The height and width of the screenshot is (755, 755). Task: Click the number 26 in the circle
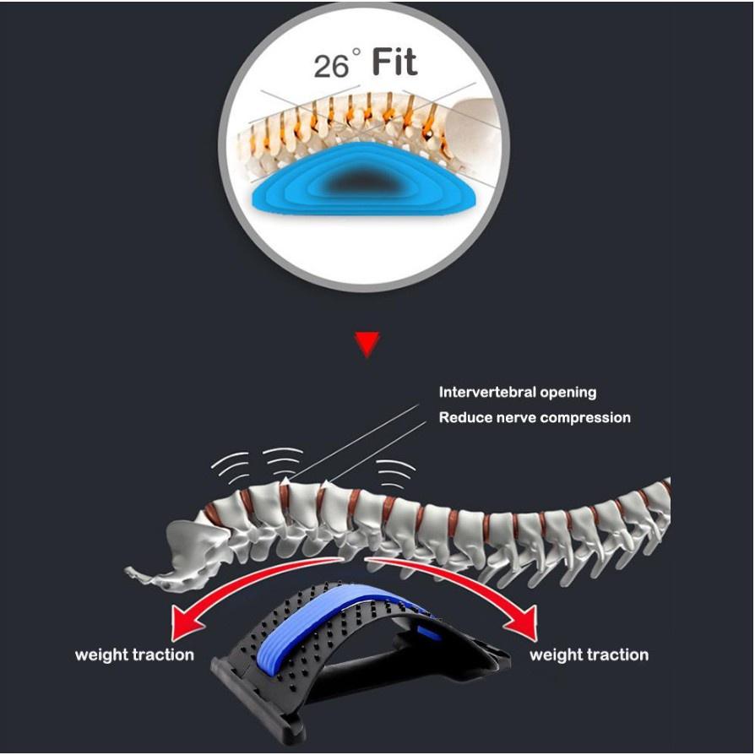pos(330,65)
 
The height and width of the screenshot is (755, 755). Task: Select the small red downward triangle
pos(367,344)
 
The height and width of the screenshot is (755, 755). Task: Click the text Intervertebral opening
pos(517,392)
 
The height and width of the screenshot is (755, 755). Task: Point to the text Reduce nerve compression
pos(534,417)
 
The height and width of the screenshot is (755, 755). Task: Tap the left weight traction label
pos(134,655)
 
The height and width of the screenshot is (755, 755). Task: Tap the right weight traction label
pos(589,655)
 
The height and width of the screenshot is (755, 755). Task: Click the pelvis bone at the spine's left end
pos(182,550)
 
